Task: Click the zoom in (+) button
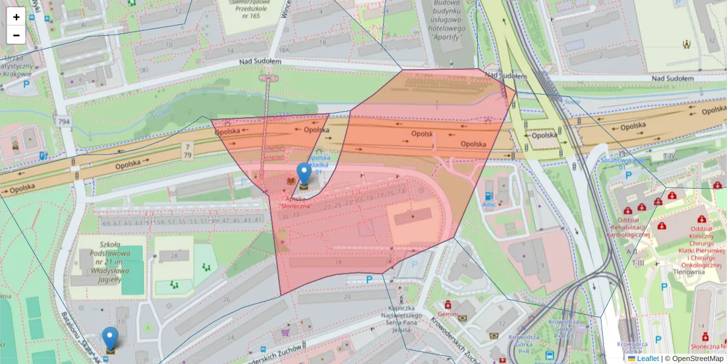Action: point(16,17)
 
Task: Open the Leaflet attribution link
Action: point(647,359)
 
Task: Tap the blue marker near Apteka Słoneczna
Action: point(304,174)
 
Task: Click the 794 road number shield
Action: point(64,122)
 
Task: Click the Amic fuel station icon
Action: point(488,196)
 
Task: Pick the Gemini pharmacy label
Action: point(448,314)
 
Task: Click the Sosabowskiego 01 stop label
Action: point(621,164)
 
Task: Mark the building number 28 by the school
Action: point(174,256)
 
